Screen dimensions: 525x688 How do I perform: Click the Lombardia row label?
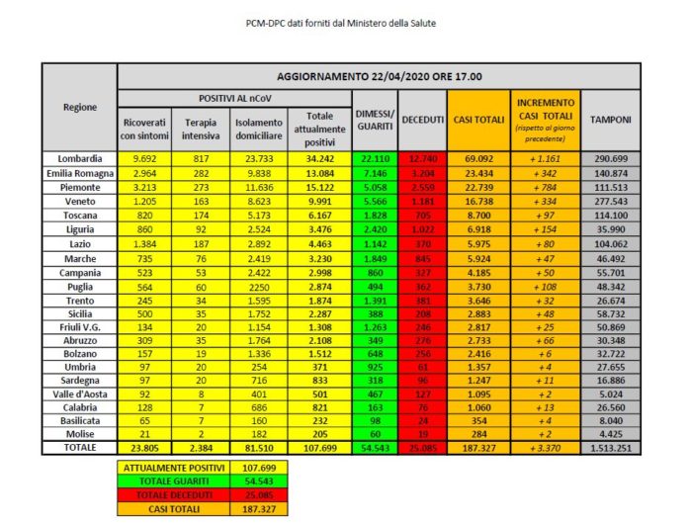tap(79, 158)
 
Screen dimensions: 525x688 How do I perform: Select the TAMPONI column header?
tap(611, 120)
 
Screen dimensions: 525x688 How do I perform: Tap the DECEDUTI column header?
tap(421, 120)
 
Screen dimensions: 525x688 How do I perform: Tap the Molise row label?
tap(79, 432)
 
